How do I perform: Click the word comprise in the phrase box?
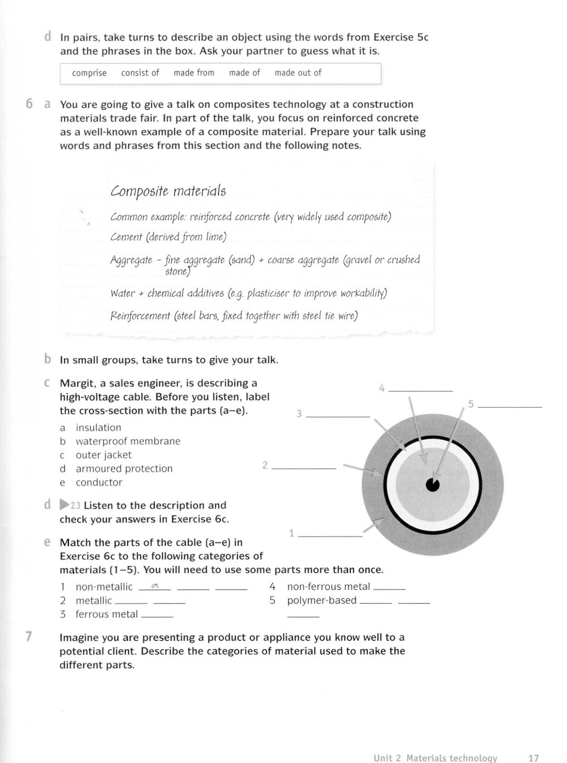[x=89, y=73]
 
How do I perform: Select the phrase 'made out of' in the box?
[x=298, y=73]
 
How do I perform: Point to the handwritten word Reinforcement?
[x=140, y=316]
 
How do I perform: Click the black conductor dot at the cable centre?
[x=433, y=484]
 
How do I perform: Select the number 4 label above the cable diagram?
[x=382, y=388]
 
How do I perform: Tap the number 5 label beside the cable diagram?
[x=471, y=404]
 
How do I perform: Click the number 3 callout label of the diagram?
[x=299, y=414]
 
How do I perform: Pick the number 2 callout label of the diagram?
[x=265, y=465]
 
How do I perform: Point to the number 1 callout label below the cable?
[x=291, y=533]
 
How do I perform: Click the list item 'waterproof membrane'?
[x=128, y=441]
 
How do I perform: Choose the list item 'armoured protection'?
[x=124, y=469]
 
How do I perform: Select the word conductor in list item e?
[x=99, y=482]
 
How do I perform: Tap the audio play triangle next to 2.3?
[x=64, y=505]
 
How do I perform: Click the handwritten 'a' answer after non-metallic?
[x=154, y=587]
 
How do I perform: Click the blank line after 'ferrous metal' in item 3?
[x=157, y=616]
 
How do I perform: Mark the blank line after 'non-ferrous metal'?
[x=390, y=588]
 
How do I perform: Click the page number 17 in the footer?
[x=533, y=758]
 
